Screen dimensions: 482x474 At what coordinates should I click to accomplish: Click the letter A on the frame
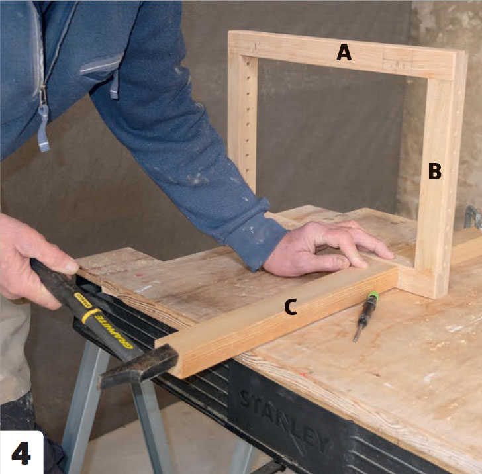click(x=344, y=52)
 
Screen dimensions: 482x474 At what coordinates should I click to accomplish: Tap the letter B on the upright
click(x=434, y=171)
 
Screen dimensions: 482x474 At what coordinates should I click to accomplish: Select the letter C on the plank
click(x=291, y=307)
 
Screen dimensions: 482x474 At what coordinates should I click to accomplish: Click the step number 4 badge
click(x=21, y=453)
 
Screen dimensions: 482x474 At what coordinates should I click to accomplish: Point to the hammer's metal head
click(x=140, y=366)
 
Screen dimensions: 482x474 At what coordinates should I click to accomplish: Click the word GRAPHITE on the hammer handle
click(x=114, y=332)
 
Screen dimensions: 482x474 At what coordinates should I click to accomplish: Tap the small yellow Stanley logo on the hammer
click(x=83, y=301)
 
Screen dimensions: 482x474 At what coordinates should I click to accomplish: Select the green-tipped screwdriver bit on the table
click(x=366, y=315)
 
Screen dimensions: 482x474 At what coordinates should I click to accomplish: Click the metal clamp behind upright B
click(x=473, y=217)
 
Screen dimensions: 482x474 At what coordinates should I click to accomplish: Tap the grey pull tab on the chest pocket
click(x=114, y=84)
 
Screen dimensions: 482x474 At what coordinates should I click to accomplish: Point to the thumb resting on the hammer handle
click(x=60, y=262)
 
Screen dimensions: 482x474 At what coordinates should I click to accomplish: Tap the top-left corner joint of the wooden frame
click(x=244, y=45)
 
